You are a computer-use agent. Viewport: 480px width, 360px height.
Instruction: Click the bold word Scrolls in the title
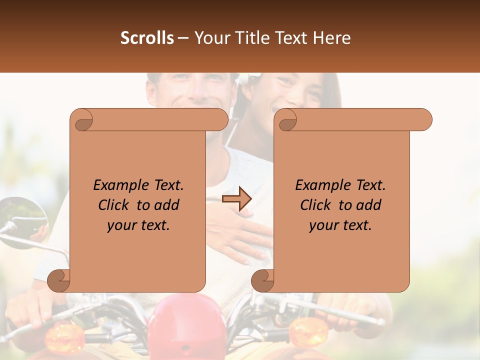pyautogui.click(x=147, y=38)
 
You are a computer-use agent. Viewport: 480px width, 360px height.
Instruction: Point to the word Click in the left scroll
pyautogui.click(x=115, y=205)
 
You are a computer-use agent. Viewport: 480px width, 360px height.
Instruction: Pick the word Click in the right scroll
pyautogui.click(x=317, y=205)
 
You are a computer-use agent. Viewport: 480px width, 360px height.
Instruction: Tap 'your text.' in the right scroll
pyautogui.click(x=340, y=225)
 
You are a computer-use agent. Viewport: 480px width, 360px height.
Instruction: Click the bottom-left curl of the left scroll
pyautogui.click(x=59, y=280)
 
